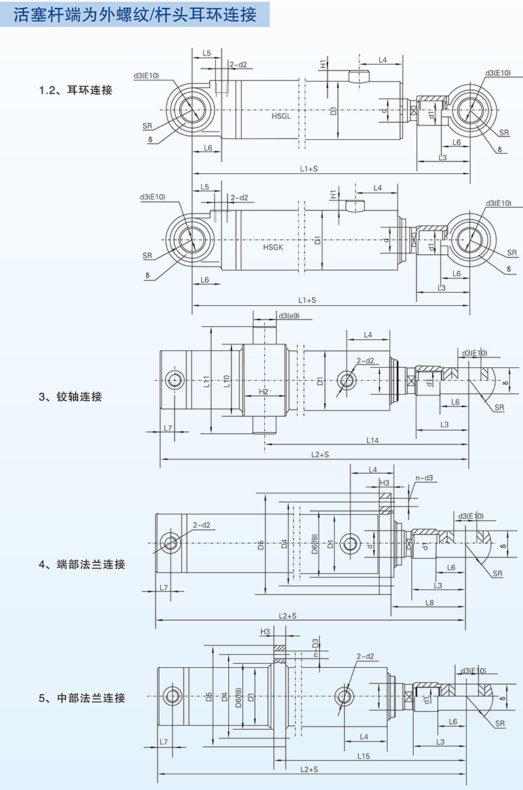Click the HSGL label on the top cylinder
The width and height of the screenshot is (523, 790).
tap(281, 116)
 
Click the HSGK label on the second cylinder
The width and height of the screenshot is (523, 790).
tap(273, 248)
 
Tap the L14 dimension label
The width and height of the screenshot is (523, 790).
tap(372, 440)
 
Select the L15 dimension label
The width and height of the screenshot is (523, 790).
tap(364, 756)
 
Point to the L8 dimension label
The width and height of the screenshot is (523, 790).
tap(430, 602)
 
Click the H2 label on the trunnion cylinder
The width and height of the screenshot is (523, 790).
tap(263, 391)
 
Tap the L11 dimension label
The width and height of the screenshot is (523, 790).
tap(206, 381)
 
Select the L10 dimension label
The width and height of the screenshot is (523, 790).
tap(226, 381)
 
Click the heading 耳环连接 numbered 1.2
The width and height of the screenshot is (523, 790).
tap(76, 90)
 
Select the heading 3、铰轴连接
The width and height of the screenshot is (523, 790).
tap(70, 397)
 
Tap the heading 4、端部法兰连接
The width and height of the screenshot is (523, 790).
tap(82, 565)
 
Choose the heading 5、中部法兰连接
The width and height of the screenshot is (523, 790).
tap(82, 698)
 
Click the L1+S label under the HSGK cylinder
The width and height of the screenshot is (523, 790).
tap(307, 300)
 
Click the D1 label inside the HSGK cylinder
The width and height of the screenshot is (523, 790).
tap(317, 240)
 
